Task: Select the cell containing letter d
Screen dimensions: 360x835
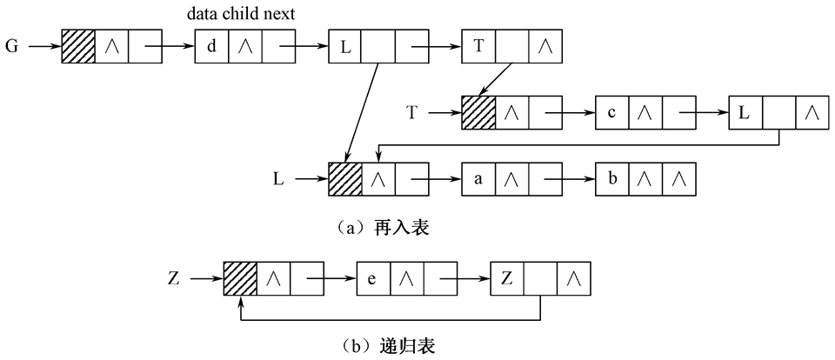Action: point(211,46)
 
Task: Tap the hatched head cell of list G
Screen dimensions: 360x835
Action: point(77,46)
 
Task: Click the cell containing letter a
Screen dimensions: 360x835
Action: point(478,180)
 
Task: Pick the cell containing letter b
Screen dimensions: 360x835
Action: point(612,180)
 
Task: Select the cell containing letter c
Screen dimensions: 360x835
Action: point(612,113)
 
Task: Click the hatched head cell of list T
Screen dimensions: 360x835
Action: point(478,113)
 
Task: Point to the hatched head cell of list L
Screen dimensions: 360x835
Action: point(345,180)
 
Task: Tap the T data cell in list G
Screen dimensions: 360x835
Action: point(479,46)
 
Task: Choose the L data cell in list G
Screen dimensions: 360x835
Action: point(345,46)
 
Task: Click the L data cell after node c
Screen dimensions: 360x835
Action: point(745,113)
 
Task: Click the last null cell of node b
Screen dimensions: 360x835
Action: point(678,180)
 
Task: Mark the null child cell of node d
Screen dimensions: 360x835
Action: point(244,46)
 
